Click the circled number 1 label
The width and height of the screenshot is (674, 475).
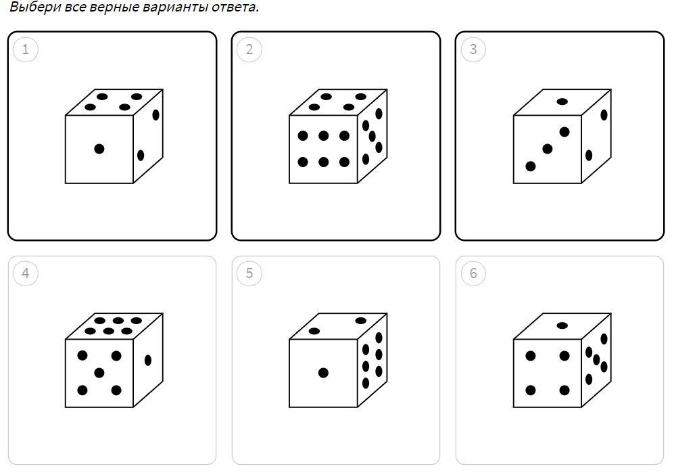[26, 49]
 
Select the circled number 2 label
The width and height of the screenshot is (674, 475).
[249, 49]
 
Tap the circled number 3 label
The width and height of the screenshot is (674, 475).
[473, 49]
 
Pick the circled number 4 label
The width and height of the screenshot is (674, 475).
[26, 273]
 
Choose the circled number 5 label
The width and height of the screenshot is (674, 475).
[249, 273]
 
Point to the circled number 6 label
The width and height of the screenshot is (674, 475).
[473, 273]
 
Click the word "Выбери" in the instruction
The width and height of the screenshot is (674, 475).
[35, 7]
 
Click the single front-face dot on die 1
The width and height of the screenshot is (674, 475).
[99, 149]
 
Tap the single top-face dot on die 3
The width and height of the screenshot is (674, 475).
[562, 102]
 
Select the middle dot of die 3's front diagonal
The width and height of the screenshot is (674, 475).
[547, 149]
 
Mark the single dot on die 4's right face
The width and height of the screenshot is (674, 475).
[148, 360]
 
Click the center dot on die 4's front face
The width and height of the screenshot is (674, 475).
[99, 373]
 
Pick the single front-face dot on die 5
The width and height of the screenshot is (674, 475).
[323, 373]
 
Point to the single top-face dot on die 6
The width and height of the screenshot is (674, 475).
[562, 325]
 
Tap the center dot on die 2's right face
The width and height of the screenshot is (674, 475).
[372, 137]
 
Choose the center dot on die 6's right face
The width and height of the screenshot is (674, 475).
[596, 359]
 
